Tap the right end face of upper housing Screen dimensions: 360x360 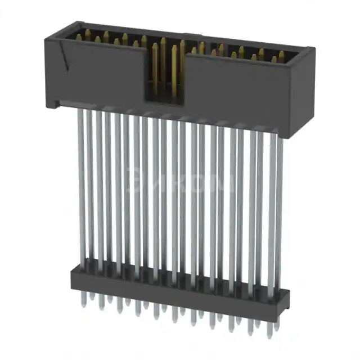click(304, 93)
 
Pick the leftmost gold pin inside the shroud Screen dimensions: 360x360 click(79, 37)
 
